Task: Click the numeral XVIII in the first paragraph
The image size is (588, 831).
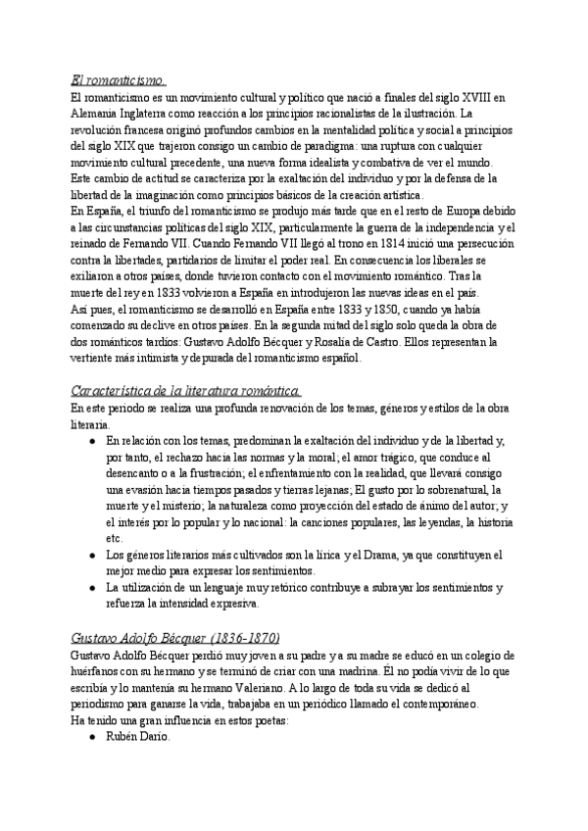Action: click(480, 97)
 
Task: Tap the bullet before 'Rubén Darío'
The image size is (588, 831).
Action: click(91, 737)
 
